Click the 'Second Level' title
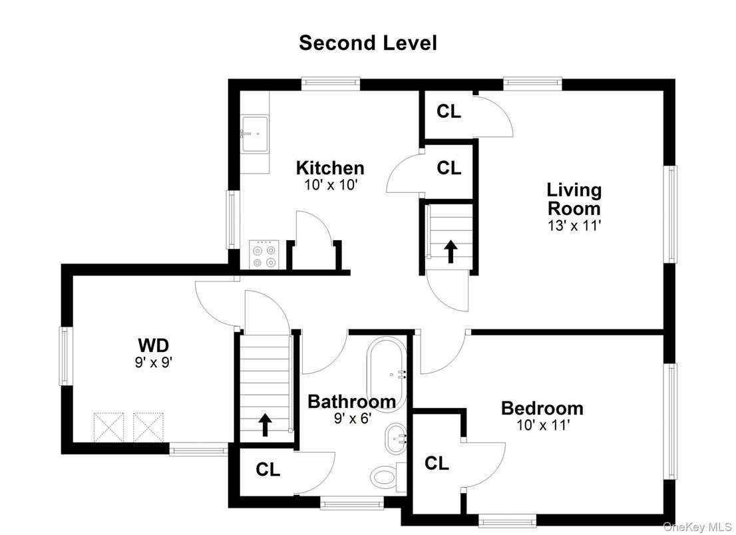point(367,43)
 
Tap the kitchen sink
point(254,132)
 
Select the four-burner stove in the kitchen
point(263,254)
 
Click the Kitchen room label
point(330,168)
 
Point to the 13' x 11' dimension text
point(574,226)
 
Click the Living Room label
point(574,198)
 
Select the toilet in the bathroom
point(384,475)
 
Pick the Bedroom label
point(542,408)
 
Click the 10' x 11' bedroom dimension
point(542,425)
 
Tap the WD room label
point(153,345)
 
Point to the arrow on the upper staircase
point(451,251)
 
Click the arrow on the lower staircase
point(265,424)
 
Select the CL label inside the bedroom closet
point(437,463)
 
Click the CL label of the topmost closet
point(449,111)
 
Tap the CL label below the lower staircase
point(268,469)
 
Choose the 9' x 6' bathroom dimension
point(352,419)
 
